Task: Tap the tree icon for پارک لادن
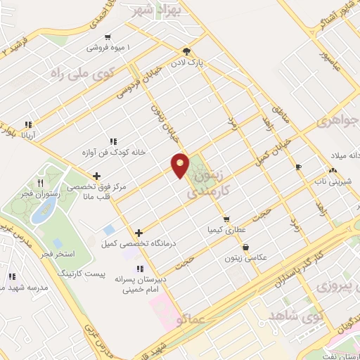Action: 186,51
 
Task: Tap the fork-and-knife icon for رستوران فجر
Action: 49,171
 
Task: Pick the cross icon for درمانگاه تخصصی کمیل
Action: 139,233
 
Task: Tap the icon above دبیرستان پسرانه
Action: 140,269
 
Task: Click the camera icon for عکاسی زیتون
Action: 245,247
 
